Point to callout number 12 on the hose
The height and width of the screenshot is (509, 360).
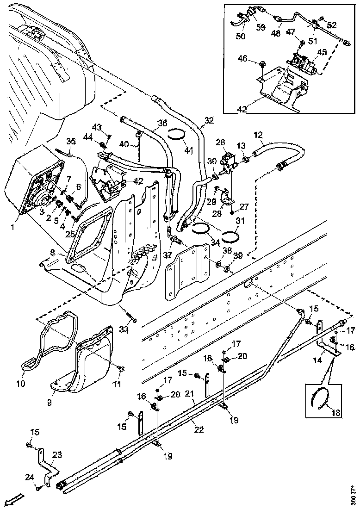258,135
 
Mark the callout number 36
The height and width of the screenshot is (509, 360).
162,124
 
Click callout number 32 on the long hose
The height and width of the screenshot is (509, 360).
209,120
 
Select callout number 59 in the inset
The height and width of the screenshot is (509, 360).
261,27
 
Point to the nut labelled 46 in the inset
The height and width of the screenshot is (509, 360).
262,62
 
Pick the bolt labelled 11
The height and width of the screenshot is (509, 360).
122,368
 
